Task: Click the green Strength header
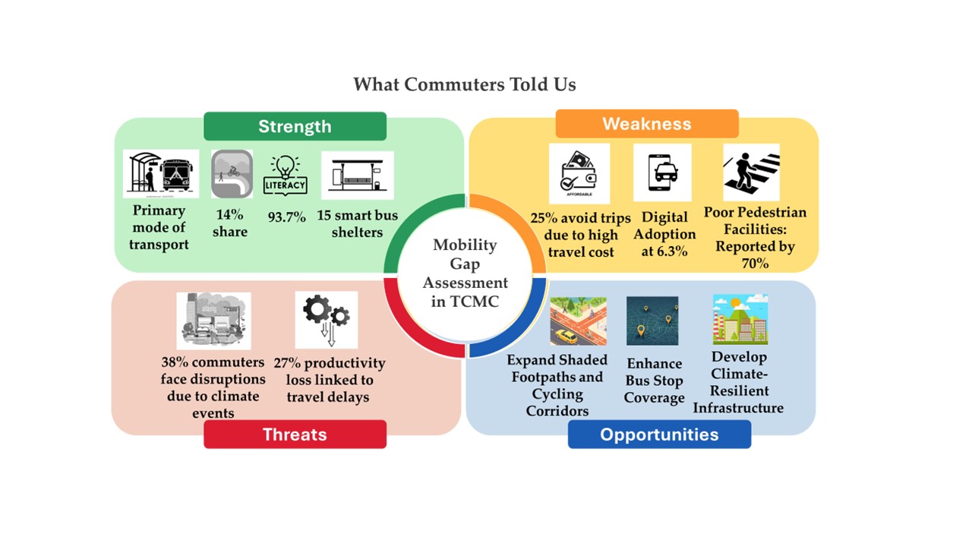click(295, 126)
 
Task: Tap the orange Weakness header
click(647, 124)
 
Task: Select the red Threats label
click(295, 435)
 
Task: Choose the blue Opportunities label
click(659, 435)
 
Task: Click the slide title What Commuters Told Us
click(465, 84)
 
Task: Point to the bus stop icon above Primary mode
click(161, 174)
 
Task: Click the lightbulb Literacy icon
click(286, 174)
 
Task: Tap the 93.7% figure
click(287, 217)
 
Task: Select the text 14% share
click(230, 224)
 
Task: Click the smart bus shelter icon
click(357, 175)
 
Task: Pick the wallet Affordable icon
click(579, 174)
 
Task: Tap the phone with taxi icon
click(662, 172)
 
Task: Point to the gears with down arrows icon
click(327, 320)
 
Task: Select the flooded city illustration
click(213, 321)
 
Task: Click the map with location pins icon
click(652, 321)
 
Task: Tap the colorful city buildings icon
click(740, 320)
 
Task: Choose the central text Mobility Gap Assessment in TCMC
click(465, 273)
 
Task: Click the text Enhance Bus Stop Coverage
click(654, 381)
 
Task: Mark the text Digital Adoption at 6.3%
click(664, 234)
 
